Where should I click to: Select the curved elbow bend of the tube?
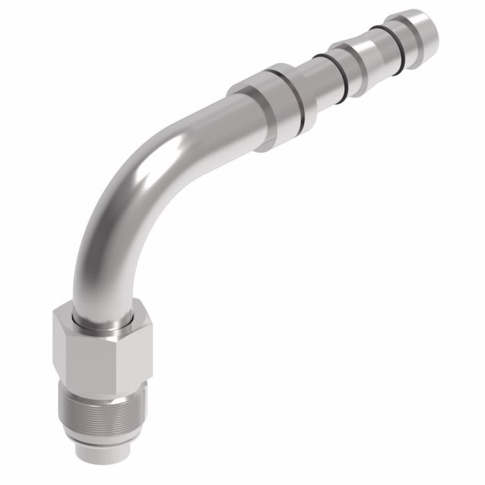point(128,201)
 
